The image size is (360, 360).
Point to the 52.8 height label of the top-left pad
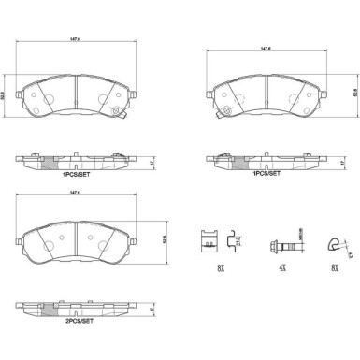pyautogui.click(x=5, y=94)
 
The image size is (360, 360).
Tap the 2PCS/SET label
pyautogui.click(x=77, y=321)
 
